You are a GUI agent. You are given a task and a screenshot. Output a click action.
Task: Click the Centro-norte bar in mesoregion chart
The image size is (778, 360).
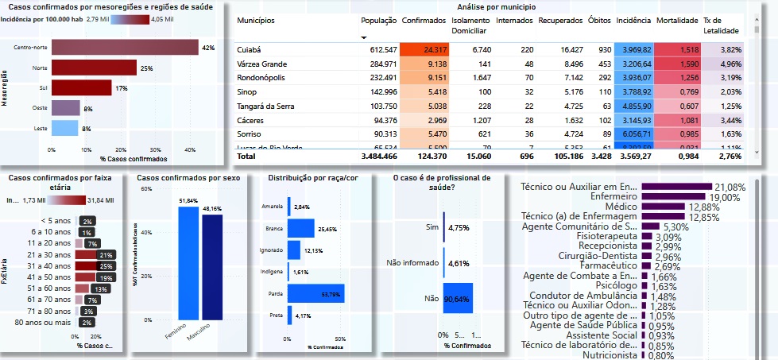[124, 48]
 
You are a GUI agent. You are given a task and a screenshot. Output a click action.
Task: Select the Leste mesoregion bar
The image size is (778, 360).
[65, 128]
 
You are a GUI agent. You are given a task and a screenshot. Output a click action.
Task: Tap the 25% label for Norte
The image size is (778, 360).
[146, 68]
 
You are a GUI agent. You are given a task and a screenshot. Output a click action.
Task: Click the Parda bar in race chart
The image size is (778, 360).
[315, 295]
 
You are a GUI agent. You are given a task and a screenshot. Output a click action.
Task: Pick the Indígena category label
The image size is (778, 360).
[272, 272]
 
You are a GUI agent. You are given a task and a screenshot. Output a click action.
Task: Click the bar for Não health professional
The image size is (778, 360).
[457, 299]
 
